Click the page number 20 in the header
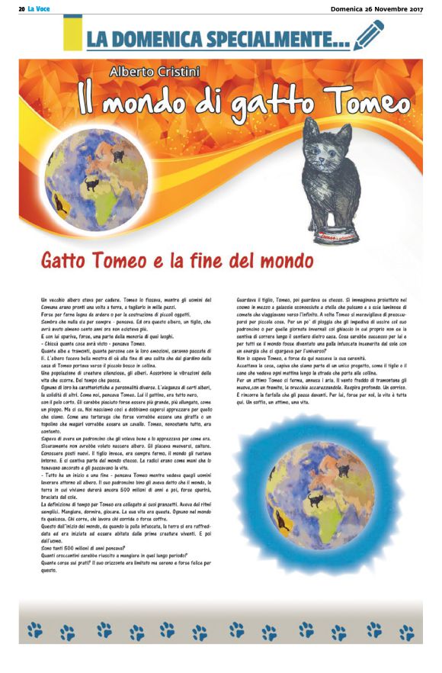click(22, 8)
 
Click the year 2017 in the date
click(412, 8)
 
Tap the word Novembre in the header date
click(379, 8)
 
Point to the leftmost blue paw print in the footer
click(35, 630)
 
